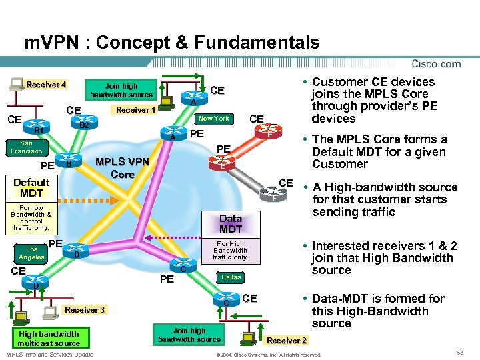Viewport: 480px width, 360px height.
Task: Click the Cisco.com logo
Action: pyautogui.click(x=436, y=64)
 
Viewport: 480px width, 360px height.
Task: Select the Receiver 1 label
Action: pyautogui.click(x=135, y=110)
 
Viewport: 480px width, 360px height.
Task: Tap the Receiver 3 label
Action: pyautogui.click(x=85, y=310)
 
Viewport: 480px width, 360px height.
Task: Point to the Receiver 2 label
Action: pyautogui.click(x=287, y=341)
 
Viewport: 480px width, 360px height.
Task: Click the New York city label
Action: pyautogui.click(x=214, y=119)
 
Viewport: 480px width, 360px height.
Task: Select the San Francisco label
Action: pyautogui.click(x=26, y=147)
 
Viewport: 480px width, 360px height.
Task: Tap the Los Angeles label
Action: pyautogui.click(x=31, y=253)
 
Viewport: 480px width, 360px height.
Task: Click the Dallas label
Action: pyautogui.click(x=231, y=277)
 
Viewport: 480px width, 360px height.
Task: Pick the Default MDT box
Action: pyautogui.click(x=31, y=187)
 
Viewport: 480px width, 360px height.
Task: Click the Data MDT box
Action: pyautogui.click(x=231, y=223)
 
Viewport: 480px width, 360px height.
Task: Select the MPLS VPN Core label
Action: pyautogui.click(x=122, y=167)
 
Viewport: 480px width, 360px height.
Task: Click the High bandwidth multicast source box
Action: pyautogui.click(x=49, y=338)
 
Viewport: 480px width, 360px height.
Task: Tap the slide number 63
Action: pyautogui.click(x=459, y=351)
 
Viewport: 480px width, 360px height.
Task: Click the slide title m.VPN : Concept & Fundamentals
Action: pyautogui.click(x=172, y=43)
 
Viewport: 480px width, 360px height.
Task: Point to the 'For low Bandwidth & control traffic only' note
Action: pyautogui.click(x=31, y=217)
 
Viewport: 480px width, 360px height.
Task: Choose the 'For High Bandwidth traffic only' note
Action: pyautogui.click(x=231, y=250)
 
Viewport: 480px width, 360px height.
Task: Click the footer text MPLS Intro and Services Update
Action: pyautogui.click(x=49, y=353)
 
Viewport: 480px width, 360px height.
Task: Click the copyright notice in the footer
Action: pyautogui.click(x=269, y=355)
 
